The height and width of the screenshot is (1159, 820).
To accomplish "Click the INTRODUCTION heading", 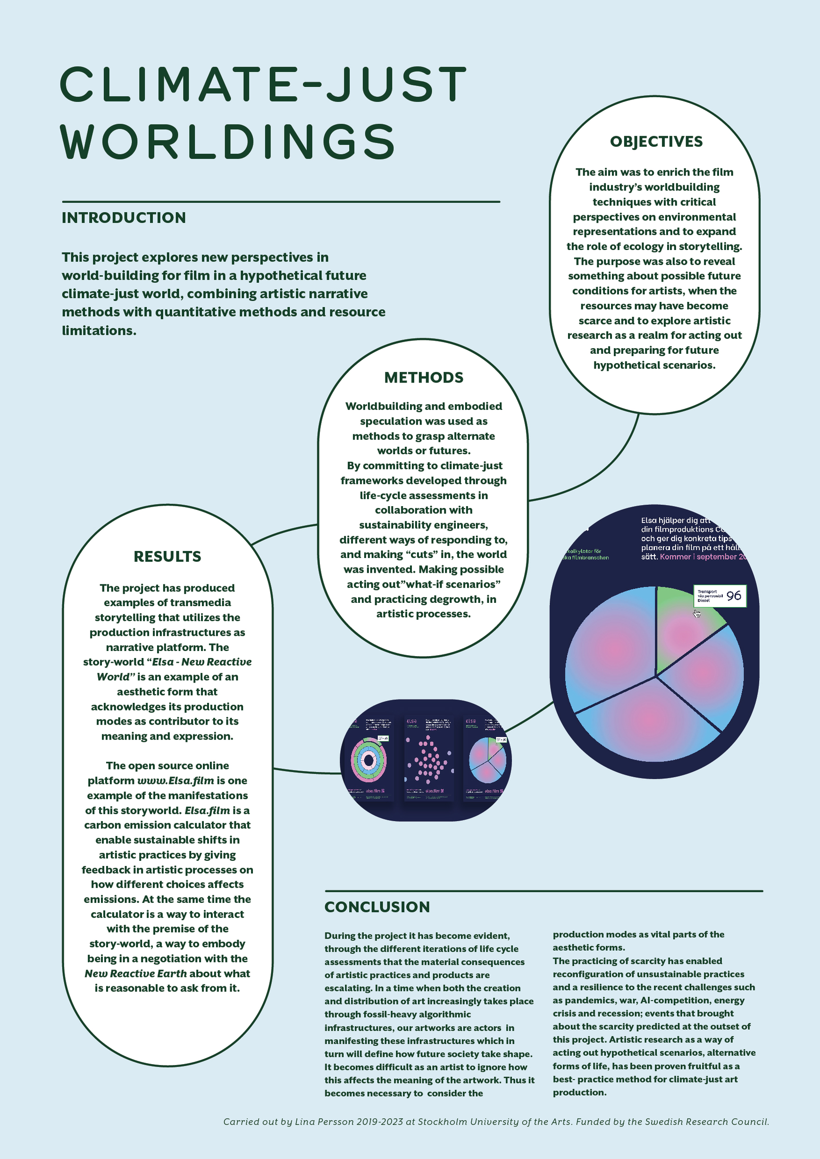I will (124, 217).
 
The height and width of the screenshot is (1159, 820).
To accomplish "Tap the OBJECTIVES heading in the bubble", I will (656, 142).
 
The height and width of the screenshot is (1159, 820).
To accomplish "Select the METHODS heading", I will (424, 377).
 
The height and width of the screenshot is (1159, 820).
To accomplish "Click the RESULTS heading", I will (167, 556).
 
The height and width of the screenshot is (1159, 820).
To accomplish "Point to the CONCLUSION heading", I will (377, 907).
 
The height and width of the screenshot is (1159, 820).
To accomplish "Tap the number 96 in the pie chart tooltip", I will (734, 596).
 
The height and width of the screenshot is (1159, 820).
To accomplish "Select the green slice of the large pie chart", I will (679, 621).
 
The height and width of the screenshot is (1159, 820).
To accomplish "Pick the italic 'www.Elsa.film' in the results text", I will (176, 780).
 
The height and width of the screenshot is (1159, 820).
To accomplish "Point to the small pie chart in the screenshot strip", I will (487, 760).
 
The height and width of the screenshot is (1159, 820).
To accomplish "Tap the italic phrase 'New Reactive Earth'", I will (135, 973).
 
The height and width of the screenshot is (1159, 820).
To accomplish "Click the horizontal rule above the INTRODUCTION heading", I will (281, 201).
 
